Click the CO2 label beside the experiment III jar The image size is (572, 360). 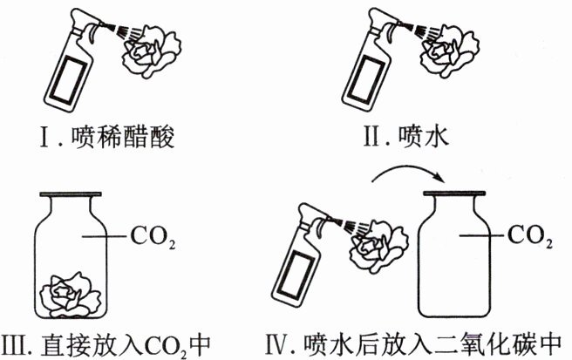pos(149,234)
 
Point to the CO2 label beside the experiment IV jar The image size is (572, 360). pos(530,234)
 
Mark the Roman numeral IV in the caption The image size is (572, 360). pos(288,343)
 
